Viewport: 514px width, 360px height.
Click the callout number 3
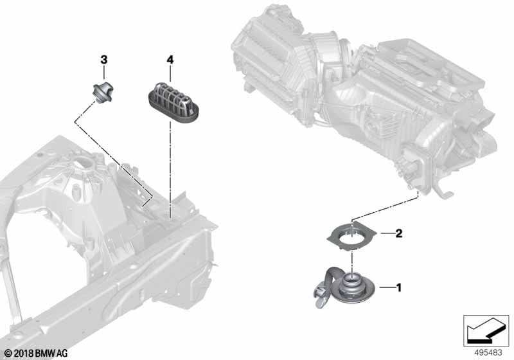pyautogui.click(x=103, y=60)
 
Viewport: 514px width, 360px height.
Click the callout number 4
pyautogui.click(x=170, y=60)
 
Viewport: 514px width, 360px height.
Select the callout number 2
pyautogui.click(x=398, y=233)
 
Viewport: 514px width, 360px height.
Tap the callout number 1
pyautogui.click(x=398, y=288)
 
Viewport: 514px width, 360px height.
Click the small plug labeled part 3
pyautogui.click(x=102, y=92)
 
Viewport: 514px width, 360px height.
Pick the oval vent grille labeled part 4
pyautogui.click(x=172, y=102)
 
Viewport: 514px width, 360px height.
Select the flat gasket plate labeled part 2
pyautogui.click(x=351, y=235)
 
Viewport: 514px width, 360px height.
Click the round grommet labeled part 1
pyautogui.click(x=351, y=288)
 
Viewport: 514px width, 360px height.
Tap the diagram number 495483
pyautogui.click(x=488, y=353)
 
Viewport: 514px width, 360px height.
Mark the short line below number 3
pyautogui.click(x=104, y=73)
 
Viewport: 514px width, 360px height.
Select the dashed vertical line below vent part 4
pyautogui.click(x=170, y=170)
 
